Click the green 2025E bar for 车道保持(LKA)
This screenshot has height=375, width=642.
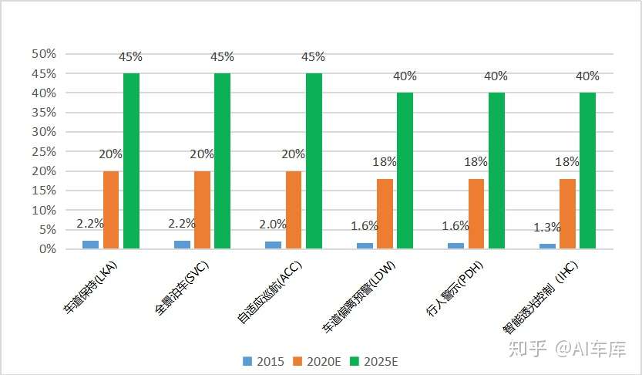[x=131, y=160]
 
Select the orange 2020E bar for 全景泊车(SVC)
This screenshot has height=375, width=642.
[x=202, y=209]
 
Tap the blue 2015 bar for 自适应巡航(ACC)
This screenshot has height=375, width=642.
[x=273, y=245]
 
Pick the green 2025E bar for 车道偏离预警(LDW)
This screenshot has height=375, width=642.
[x=405, y=171]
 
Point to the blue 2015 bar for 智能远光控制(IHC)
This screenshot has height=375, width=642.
[x=547, y=246]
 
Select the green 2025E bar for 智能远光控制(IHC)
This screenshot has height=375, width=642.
[x=588, y=171]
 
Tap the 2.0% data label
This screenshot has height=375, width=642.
[x=272, y=225]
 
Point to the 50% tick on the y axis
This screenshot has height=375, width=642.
[x=44, y=54]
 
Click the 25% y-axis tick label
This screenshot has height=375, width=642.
[x=44, y=151]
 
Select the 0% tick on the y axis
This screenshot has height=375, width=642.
[x=47, y=249]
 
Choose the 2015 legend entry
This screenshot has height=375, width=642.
[x=264, y=361]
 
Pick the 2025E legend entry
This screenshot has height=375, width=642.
[x=374, y=361]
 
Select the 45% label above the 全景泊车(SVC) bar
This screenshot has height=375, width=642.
[x=224, y=57]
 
